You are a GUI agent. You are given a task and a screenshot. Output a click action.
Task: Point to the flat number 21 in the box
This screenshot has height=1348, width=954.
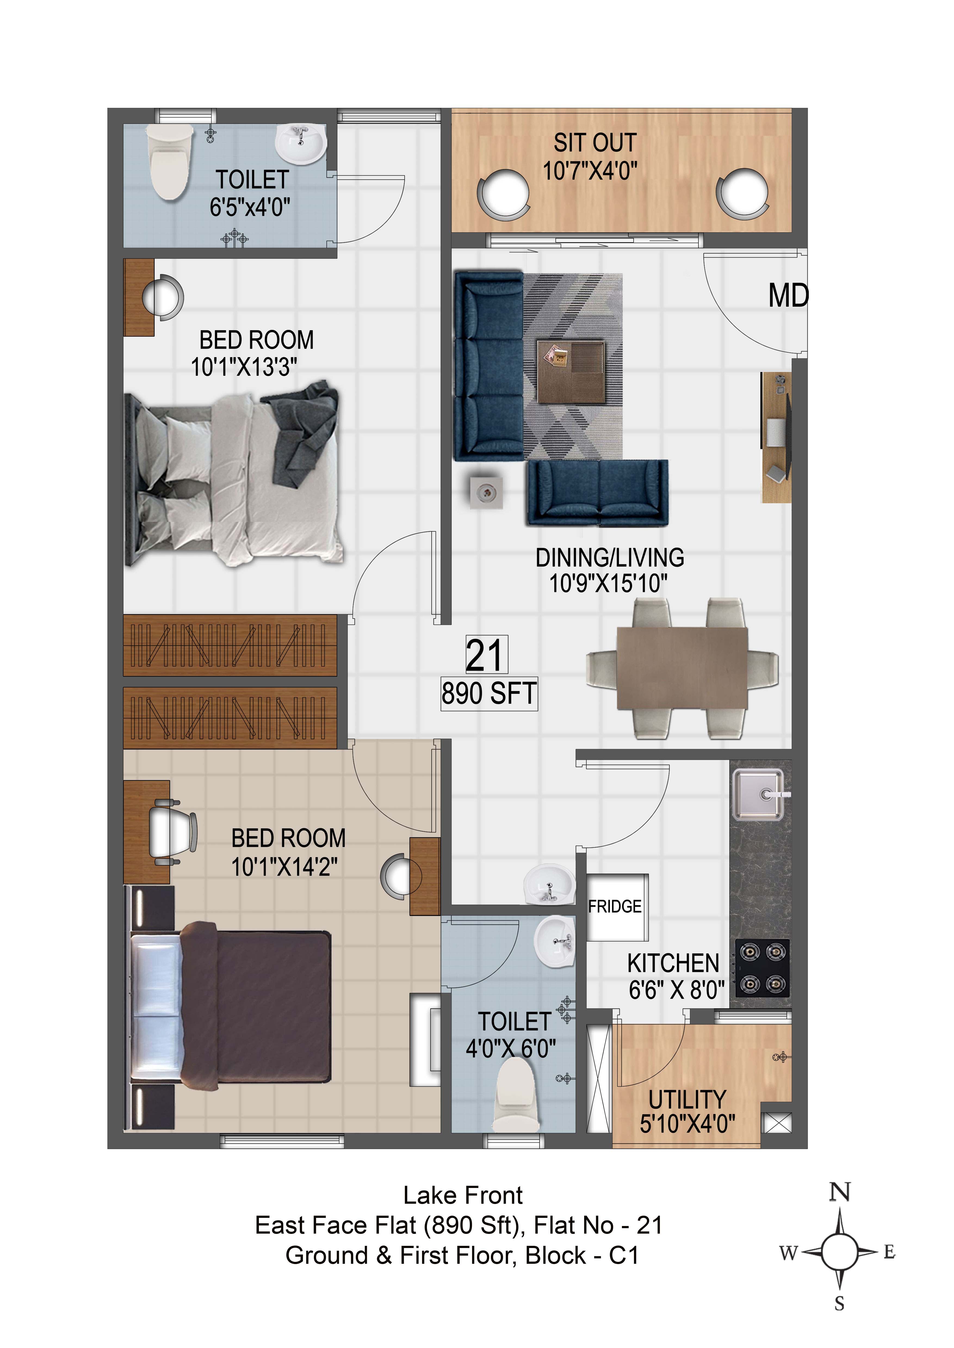click(x=485, y=655)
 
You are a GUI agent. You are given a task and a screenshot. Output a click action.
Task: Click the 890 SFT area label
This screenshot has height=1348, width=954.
click(x=489, y=693)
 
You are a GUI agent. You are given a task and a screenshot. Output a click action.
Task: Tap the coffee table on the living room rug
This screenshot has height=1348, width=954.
click(x=571, y=371)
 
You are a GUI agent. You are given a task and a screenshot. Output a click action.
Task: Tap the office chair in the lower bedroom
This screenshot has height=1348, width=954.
click(x=172, y=832)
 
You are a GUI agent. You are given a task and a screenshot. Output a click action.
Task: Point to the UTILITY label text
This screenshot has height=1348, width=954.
click(x=687, y=1100)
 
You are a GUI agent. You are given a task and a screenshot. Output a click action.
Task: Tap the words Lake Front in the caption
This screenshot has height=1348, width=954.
click(x=463, y=1195)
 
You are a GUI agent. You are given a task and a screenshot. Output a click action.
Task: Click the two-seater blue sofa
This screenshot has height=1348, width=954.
click(x=597, y=492)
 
